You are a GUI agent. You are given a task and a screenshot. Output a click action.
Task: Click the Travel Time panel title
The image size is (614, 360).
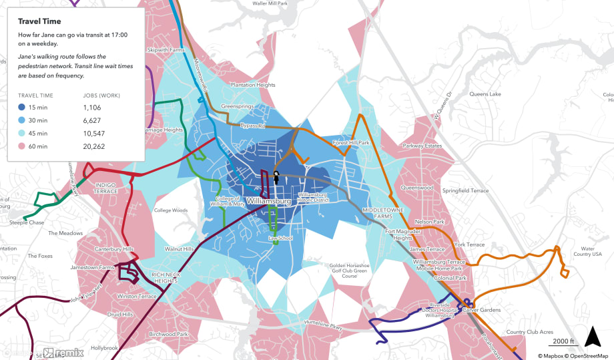click(x=39, y=21)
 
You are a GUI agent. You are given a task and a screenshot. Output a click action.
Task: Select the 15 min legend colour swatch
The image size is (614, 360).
click(x=23, y=108)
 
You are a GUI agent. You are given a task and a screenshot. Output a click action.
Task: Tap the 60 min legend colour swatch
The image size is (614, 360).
click(x=23, y=146)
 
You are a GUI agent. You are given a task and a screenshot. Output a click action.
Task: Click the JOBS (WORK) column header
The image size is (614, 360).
click(x=101, y=96)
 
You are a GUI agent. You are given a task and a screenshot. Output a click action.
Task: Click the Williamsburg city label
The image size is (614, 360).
click(x=267, y=201)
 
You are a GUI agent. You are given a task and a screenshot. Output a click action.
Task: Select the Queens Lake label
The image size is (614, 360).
click(x=485, y=94)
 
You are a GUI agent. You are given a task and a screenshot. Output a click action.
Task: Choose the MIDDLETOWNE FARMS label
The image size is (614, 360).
click(x=381, y=213)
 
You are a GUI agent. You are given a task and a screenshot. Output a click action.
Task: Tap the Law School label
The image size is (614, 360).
click(x=280, y=238)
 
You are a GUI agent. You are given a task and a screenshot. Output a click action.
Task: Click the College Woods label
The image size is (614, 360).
click(x=171, y=210)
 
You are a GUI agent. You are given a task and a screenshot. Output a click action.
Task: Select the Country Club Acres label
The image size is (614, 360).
click(x=530, y=332)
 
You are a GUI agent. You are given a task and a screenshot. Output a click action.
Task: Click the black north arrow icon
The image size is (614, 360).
click(x=593, y=337)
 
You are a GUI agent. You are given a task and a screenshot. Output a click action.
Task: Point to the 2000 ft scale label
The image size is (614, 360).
click(x=563, y=341)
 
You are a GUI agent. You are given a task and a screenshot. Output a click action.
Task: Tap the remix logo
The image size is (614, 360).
click(x=63, y=353)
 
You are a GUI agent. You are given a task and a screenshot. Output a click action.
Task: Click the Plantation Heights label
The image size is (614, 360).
click(x=252, y=85)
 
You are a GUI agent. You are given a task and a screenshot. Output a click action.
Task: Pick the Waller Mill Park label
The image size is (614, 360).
click(x=270, y=3)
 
